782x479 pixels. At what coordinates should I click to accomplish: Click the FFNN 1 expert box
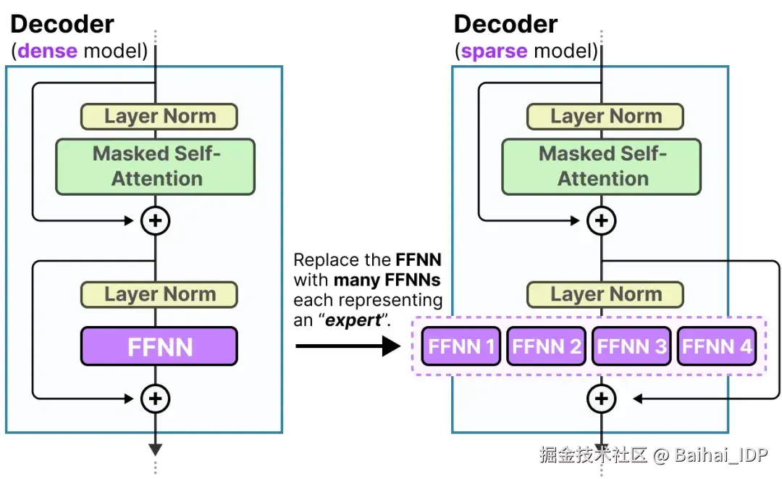coord(461,346)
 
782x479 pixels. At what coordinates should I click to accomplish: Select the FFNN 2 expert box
coord(546,346)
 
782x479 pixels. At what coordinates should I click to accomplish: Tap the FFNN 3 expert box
coord(631,346)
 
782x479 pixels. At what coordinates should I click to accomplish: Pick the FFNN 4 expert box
coord(716,346)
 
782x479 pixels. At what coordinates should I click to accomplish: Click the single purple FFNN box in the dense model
coord(159,346)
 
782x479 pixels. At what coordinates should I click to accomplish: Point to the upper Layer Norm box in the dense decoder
coord(159,117)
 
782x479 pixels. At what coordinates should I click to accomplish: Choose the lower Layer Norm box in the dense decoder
coord(159,294)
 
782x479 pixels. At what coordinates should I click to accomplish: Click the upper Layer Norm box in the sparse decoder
coord(605,117)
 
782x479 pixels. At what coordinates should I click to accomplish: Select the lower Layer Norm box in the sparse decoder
coord(605,294)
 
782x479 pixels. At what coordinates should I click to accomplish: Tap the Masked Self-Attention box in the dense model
coord(156,167)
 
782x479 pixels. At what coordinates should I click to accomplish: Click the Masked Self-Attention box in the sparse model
coord(602,167)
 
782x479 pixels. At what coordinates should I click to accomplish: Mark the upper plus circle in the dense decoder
coord(155,220)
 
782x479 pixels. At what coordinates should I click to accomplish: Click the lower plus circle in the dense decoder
coord(155,398)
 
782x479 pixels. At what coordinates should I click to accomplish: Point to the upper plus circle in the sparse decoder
coord(601,220)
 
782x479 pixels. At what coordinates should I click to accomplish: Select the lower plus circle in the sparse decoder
coord(601,398)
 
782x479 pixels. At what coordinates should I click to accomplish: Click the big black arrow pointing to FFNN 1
coord(348,346)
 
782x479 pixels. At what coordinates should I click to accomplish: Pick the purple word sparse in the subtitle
coord(494,51)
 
